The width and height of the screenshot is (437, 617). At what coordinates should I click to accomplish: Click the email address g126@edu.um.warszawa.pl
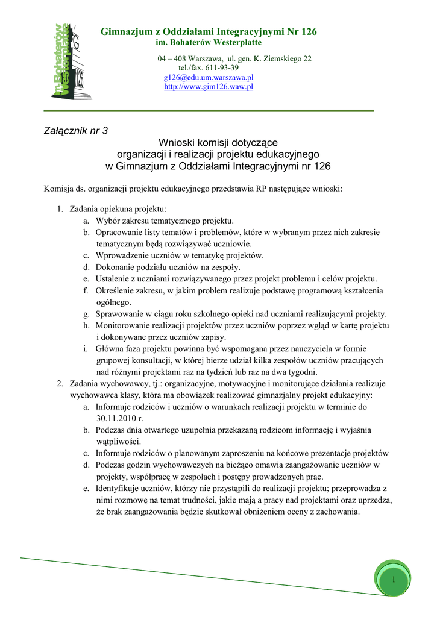point(209,78)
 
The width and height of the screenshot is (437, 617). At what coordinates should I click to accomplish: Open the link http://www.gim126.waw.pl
point(209,87)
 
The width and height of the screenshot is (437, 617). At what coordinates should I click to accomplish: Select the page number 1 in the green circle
point(392,580)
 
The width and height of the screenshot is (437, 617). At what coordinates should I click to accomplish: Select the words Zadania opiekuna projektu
point(117,209)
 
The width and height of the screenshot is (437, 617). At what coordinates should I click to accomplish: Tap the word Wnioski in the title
point(176,143)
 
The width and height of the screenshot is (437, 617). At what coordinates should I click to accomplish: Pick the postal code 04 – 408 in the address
point(172,58)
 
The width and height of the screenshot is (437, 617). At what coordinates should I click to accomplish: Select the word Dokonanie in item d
point(115,267)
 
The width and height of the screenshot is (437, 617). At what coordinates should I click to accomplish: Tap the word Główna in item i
point(109,349)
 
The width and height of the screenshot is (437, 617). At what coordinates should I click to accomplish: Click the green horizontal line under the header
point(209,111)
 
